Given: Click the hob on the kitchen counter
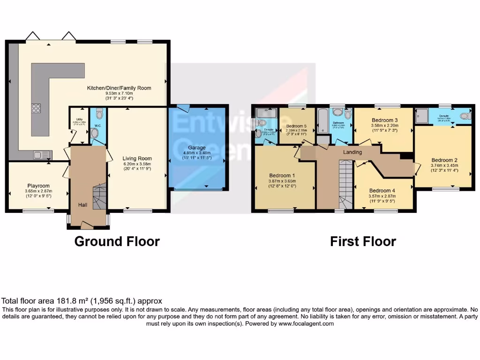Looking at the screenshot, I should [36, 108].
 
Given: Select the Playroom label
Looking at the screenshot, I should [39, 186].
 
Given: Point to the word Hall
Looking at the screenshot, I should [82, 204].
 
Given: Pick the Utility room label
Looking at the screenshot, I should [79, 119].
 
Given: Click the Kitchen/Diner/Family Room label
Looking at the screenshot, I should [119, 88].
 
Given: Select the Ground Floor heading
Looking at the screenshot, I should [117, 241].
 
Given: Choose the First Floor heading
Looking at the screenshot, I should [363, 241].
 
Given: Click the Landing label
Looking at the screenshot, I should [352, 152].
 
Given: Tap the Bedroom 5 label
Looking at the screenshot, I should [296, 126].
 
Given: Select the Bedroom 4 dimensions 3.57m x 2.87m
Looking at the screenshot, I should [382, 196].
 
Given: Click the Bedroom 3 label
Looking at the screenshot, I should [384, 120].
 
